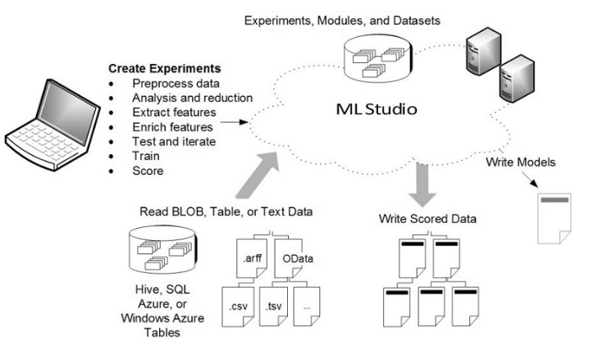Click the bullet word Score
(148, 171)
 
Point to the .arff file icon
(253, 257)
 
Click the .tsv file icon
(275, 307)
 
